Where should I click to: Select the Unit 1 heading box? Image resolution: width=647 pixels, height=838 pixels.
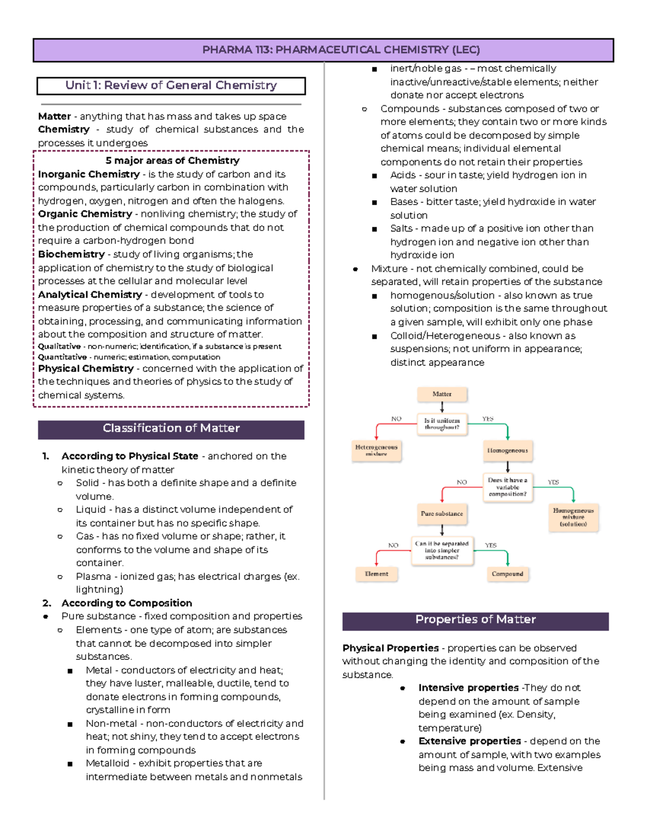[171, 85]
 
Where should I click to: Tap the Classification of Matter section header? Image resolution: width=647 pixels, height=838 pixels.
[171, 428]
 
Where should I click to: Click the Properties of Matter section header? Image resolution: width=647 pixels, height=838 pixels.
[475, 620]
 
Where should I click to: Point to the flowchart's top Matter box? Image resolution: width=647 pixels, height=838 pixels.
[442, 394]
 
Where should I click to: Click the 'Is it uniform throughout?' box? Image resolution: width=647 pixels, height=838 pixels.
[442, 424]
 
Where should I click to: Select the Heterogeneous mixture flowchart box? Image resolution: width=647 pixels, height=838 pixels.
[376, 451]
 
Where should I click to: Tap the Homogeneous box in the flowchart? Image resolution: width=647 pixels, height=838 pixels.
[507, 451]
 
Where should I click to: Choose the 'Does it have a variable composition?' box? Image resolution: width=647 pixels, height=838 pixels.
[507, 487]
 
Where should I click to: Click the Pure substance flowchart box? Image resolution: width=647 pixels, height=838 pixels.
[442, 514]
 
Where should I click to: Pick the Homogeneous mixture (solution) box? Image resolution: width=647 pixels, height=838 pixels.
[573, 517]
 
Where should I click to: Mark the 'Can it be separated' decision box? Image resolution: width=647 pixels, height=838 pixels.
[442, 550]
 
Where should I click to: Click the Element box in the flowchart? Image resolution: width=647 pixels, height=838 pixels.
[376, 574]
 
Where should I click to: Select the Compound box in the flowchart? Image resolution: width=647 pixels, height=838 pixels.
[507, 574]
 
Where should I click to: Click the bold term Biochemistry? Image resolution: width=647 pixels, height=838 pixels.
[71, 254]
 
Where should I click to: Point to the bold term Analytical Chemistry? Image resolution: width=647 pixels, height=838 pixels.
[90, 295]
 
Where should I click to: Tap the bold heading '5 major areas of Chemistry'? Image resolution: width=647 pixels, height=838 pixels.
[172, 161]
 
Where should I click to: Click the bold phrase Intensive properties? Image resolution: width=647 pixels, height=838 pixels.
[468, 688]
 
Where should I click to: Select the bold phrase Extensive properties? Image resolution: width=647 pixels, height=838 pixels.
[469, 741]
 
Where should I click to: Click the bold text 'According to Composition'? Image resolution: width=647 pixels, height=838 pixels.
[126, 603]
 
